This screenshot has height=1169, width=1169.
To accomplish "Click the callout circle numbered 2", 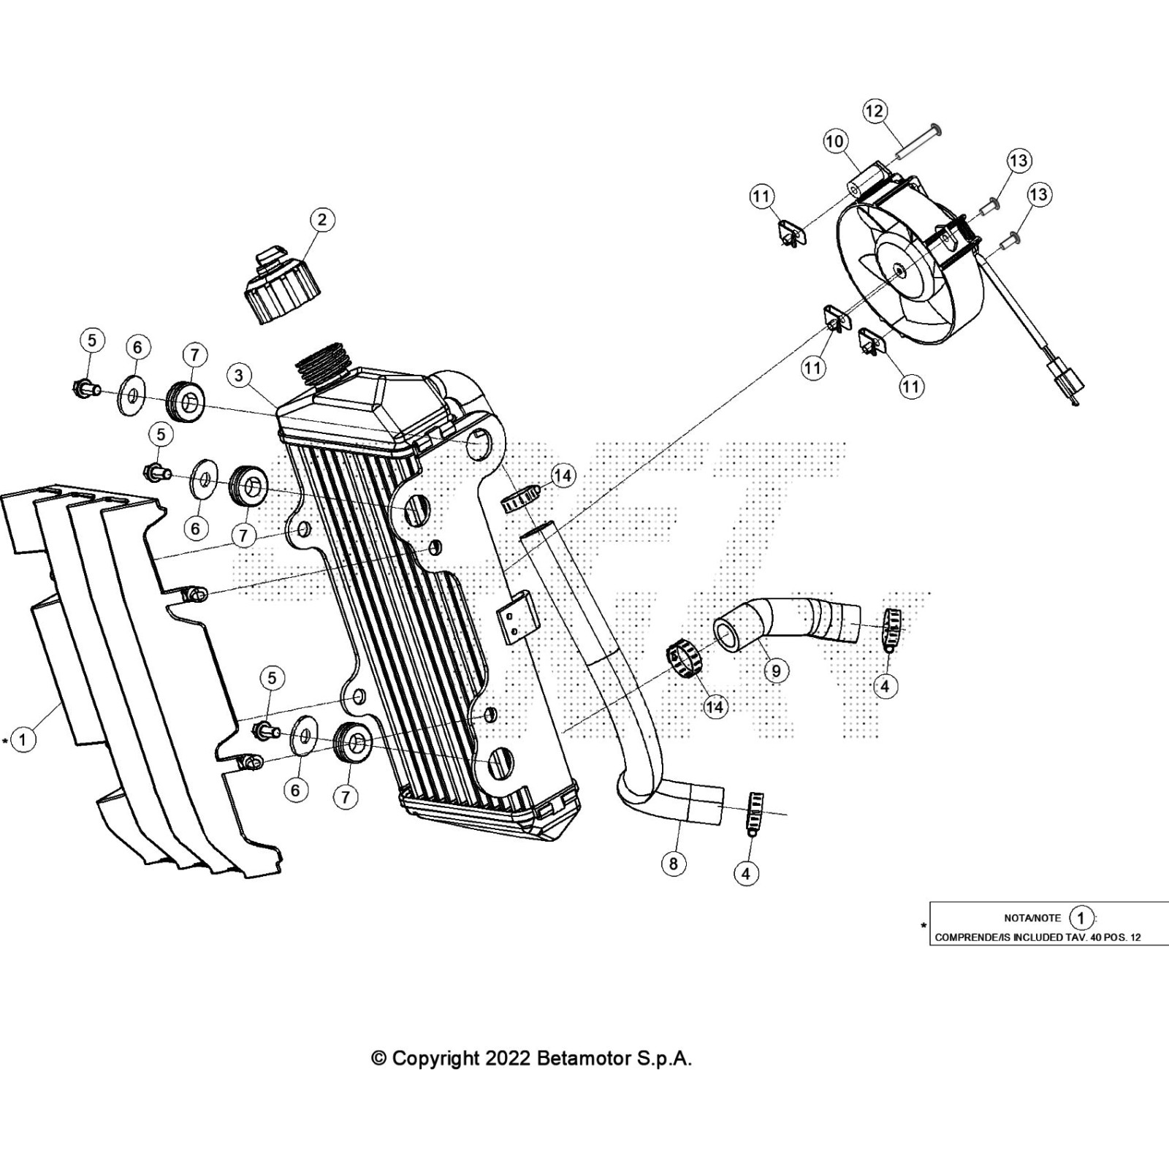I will (x=322, y=219).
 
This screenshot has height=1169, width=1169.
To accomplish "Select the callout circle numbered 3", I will (x=239, y=376).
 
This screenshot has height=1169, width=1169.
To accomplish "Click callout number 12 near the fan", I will (x=875, y=111).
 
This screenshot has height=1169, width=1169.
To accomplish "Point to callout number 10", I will (x=835, y=141).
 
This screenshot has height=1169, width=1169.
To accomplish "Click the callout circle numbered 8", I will (x=673, y=864).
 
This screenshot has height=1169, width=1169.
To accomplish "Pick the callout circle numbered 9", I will (x=775, y=671).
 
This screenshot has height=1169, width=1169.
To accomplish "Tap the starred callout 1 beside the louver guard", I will (x=23, y=739).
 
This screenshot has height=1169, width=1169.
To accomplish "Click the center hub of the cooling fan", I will (x=898, y=271).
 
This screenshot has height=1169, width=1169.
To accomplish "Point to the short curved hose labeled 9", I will (x=789, y=621).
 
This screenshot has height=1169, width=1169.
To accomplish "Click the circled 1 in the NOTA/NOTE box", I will (x=1081, y=918).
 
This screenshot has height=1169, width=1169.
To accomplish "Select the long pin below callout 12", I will (x=918, y=145).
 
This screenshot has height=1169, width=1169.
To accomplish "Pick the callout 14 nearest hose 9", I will (x=715, y=707).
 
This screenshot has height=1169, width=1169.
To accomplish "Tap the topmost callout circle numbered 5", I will (x=91, y=340).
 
